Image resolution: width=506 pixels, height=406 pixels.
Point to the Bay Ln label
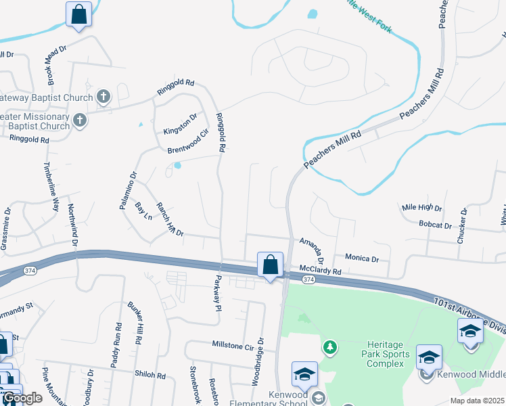[x=143, y=211]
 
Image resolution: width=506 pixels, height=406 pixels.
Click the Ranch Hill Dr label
[x=170, y=219]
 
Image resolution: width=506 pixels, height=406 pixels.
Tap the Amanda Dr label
[x=312, y=250]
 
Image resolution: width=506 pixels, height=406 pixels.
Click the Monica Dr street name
[x=362, y=258]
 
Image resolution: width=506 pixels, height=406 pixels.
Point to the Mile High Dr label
[x=421, y=208]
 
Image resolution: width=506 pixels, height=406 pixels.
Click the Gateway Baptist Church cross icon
[x=103, y=96]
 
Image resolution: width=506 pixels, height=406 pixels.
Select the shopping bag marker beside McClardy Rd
[x=270, y=265]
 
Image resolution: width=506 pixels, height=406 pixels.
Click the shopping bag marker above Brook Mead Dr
[x=78, y=14]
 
